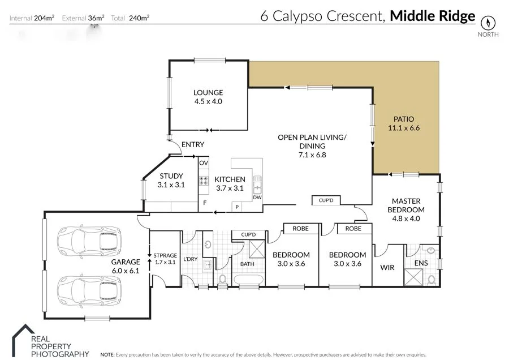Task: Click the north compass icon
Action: pyautogui.click(x=488, y=23)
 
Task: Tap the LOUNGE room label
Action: pyautogui.click(x=208, y=93)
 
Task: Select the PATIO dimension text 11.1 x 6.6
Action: pyautogui.click(x=403, y=128)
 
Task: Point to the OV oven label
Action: pyautogui.click(x=204, y=163)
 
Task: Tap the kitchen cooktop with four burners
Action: pyautogui.click(x=204, y=182)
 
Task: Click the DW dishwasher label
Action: pyautogui.click(x=257, y=198)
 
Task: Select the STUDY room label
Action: pyautogui.click(x=171, y=176)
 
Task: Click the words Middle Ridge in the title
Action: pyautogui.click(x=433, y=16)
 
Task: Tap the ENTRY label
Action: pyautogui.click(x=193, y=145)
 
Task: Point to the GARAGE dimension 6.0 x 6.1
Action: pyautogui.click(x=125, y=271)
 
